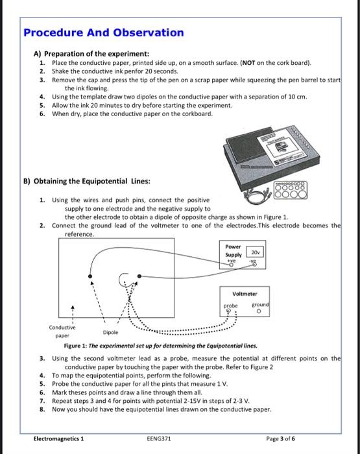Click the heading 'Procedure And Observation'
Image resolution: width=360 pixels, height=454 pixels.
pos(104,32)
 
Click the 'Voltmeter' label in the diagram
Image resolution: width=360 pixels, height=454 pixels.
pos(245,293)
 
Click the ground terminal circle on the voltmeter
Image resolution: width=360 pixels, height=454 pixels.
pos(258,311)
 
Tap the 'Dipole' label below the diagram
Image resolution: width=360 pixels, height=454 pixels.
pos(112,331)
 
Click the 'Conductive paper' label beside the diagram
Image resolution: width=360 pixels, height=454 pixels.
pos(62,331)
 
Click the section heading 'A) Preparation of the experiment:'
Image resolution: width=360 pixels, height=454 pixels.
pos(91,53)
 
